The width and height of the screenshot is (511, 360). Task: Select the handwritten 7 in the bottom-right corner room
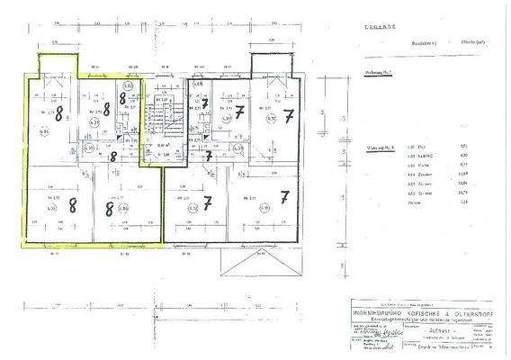point(285,196)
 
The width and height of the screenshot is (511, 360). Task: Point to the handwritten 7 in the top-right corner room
point(287,118)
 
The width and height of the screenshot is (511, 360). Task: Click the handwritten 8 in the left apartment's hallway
point(112,155)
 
